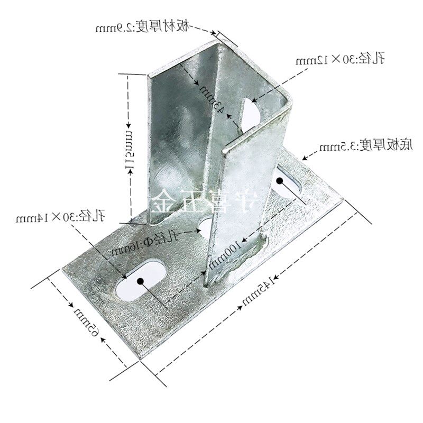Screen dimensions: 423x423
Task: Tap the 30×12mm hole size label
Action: coord(339,59)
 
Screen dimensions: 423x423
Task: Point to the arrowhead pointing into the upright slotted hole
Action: coord(254,98)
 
